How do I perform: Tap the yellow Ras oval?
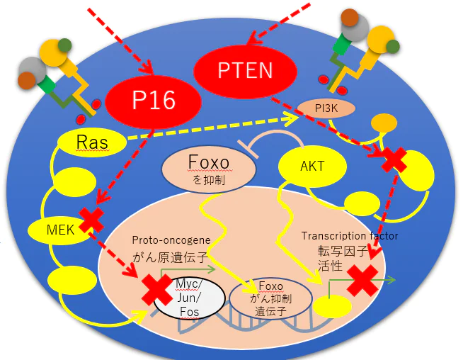[x=93, y=142]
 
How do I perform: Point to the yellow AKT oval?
[x=312, y=167]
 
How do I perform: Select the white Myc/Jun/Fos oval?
[x=188, y=298]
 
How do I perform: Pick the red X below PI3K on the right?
[x=392, y=160]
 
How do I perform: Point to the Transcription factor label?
[x=349, y=236]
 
